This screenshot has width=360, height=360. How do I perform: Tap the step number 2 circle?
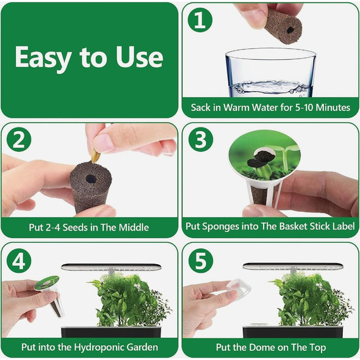(x=20, y=141)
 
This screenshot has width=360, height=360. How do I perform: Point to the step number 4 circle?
(x=20, y=261)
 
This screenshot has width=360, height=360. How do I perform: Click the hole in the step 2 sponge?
(x=90, y=179)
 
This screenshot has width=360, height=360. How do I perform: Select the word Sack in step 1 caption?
(x=201, y=107)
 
